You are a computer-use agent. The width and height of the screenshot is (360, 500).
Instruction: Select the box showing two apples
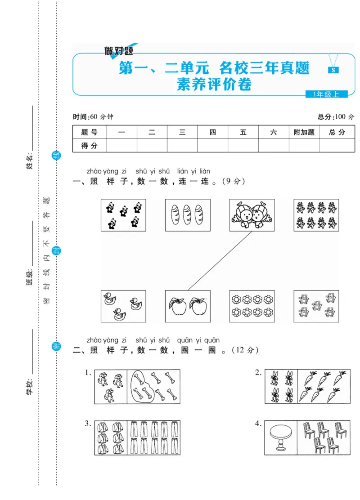[x=188, y=306]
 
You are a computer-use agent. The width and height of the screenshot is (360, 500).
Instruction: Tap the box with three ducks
[x=123, y=306]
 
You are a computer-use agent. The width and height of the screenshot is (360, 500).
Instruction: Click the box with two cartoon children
[x=252, y=215]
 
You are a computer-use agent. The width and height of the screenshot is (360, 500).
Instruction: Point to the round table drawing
[x=280, y=437]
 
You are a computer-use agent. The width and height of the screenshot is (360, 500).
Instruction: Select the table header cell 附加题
[x=304, y=132]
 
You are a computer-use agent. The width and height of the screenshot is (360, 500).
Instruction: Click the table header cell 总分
[x=337, y=132]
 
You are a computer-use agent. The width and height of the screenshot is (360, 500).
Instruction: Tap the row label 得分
[x=89, y=145]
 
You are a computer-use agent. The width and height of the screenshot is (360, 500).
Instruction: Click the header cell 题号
[x=89, y=132]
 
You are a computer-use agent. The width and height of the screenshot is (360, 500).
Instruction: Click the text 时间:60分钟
[x=93, y=117]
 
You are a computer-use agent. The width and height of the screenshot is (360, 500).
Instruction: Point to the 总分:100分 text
[x=336, y=117]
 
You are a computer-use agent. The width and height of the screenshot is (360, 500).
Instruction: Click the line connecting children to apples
[x=220, y=261]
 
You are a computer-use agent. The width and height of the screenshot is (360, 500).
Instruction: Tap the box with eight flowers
[x=252, y=306]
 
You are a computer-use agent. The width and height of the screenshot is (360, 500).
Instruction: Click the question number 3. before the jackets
[x=88, y=424]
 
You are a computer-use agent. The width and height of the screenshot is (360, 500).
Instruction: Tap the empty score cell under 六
[x=274, y=145]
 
